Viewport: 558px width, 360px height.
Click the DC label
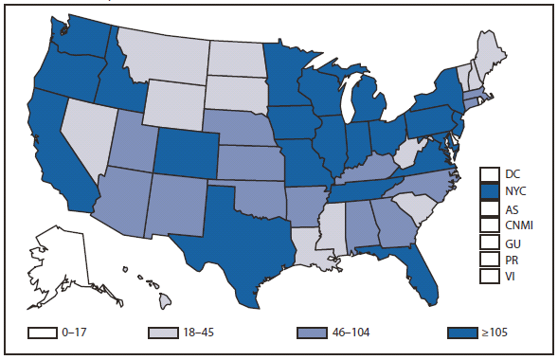512,174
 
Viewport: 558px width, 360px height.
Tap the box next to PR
490,259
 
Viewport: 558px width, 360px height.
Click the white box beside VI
490,276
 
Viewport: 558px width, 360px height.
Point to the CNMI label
517,225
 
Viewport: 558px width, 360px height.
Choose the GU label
512,243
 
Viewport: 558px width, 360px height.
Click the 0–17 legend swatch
52,333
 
